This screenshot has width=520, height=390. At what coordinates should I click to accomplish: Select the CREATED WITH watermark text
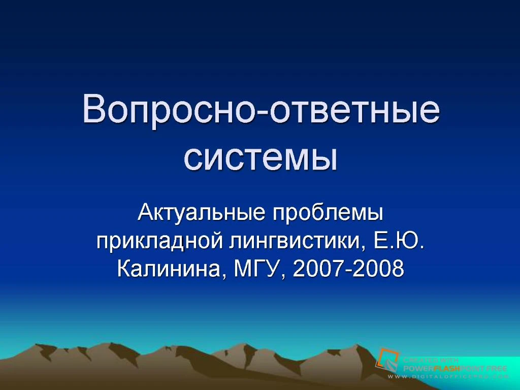pyautogui.click(x=431, y=361)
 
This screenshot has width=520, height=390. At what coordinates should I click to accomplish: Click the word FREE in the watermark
pyautogui.click(x=496, y=369)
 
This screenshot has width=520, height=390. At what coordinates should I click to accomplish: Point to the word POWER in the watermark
pyautogui.click(x=418, y=369)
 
